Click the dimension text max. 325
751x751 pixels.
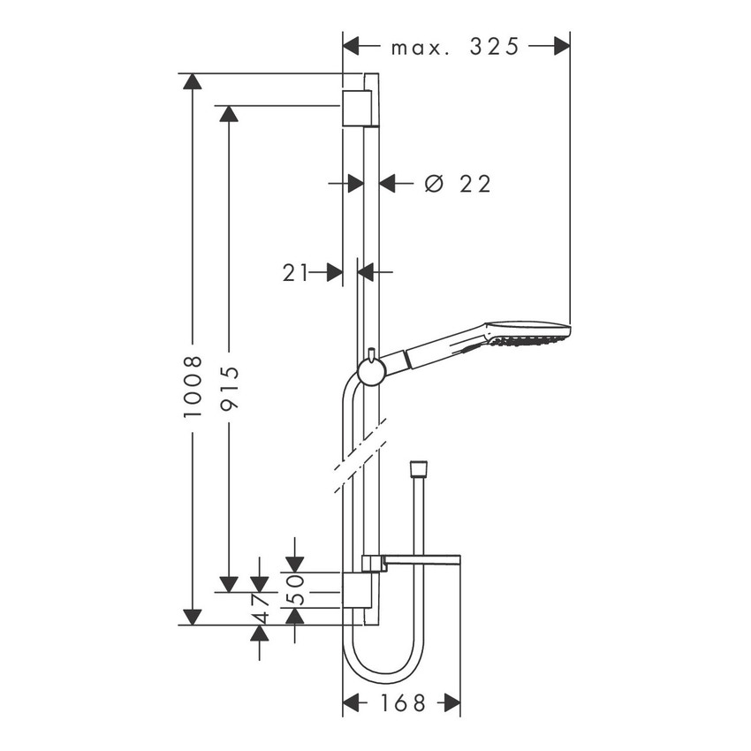456,47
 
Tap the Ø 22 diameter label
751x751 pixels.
457,184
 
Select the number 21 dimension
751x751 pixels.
295,273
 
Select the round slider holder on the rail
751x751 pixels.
371,371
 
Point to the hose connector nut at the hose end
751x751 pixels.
419,467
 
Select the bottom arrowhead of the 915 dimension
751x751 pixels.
229,583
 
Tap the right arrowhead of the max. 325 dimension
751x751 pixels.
560,47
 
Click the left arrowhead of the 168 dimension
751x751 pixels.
352,703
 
